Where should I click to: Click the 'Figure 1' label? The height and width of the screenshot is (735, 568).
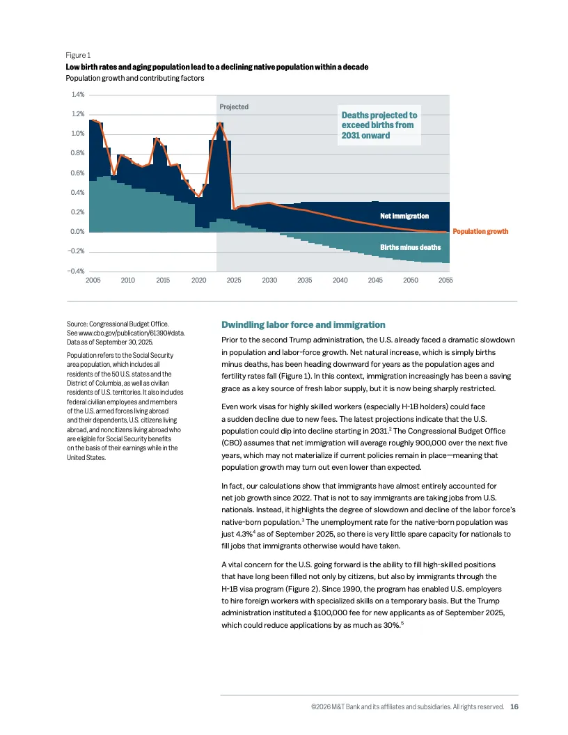(77, 55)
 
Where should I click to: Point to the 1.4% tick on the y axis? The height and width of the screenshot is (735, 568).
(77, 94)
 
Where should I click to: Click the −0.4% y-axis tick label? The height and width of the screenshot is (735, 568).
(75, 271)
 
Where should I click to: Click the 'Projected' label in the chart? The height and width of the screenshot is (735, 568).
(234, 107)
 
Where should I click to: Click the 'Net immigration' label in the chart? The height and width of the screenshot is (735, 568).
(404, 216)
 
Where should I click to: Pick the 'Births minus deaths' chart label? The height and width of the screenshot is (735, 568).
(410, 247)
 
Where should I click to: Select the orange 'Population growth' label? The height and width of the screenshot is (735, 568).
(480, 231)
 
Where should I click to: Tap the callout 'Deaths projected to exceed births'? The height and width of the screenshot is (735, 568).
(379, 125)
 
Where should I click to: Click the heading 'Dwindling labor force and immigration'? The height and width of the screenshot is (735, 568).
(303, 324)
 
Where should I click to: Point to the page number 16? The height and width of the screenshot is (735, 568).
(514, 706)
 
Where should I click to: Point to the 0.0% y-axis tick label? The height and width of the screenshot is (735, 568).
(75, 231)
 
